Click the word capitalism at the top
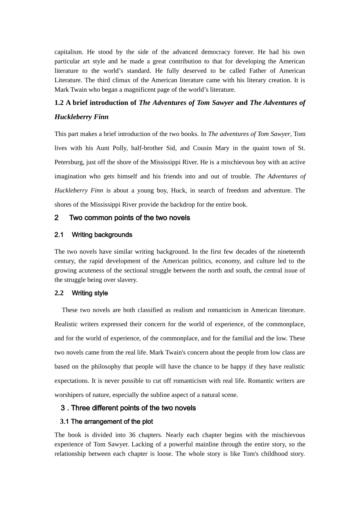(69, 52)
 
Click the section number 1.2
(59, 103)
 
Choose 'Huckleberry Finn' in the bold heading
(81, 117)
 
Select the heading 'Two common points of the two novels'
(130, 218)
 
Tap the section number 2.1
(59, 235)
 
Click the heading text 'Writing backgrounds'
(102, 235)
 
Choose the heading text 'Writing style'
(90, 293)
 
